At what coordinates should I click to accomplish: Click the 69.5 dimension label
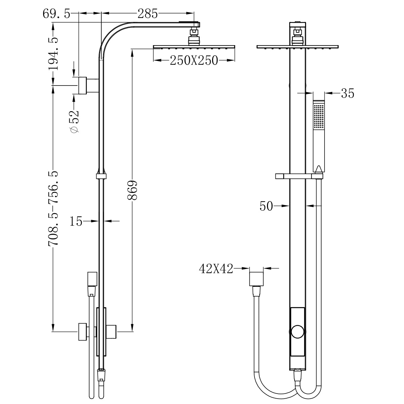[56, 14]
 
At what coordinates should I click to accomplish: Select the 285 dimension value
[147, 14]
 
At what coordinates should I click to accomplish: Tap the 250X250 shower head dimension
[194, 61]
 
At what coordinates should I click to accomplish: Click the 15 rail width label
[76, 222]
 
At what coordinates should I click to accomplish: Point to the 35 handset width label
[347, 93]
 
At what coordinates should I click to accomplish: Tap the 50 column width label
[266, 206]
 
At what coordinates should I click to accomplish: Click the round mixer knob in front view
[298, 331]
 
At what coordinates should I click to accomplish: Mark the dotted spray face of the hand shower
[318, 116]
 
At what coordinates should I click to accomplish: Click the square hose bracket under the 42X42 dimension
[256, 279]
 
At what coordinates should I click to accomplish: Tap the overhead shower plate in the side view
[194, 47]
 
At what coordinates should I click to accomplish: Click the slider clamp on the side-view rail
[101, 176]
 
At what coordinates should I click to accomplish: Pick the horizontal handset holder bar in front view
[298, 176]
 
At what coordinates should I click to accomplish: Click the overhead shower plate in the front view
[297, 47]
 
